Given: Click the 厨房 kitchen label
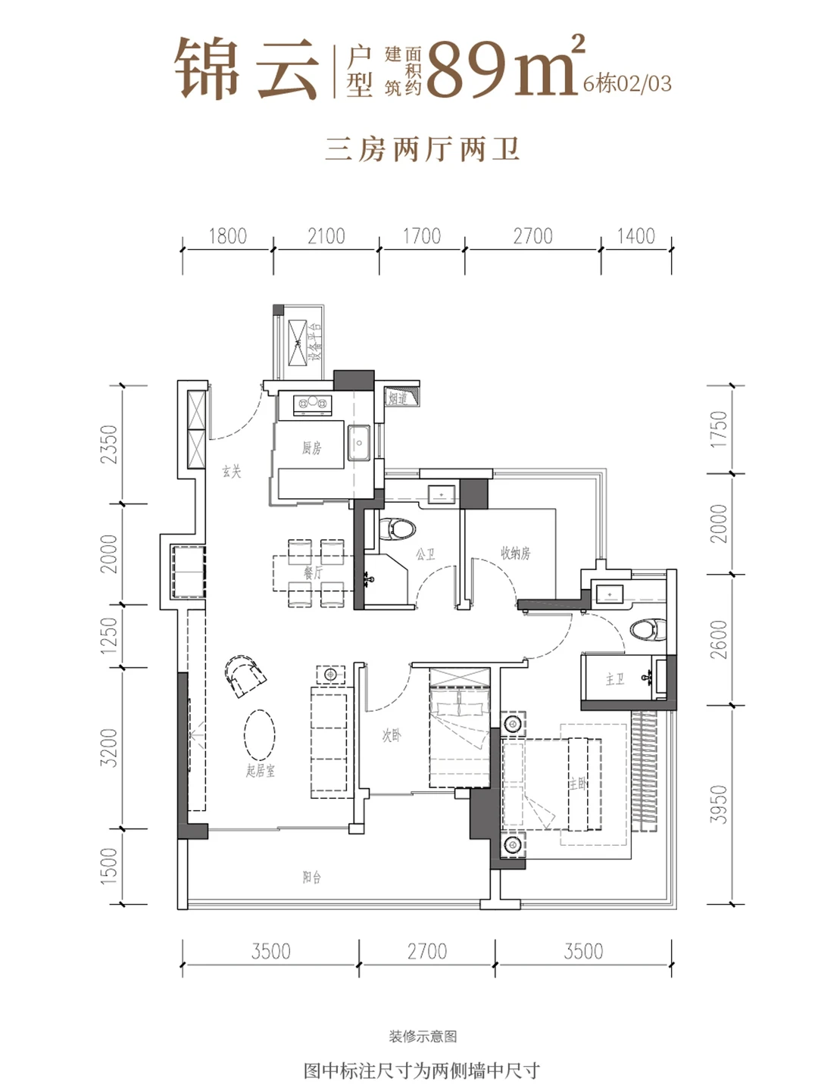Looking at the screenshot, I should point(311,448).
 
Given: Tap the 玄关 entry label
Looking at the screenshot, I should point(232,472).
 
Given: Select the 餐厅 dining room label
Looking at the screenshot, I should point(313,573).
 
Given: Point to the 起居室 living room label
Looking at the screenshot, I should point(261,771).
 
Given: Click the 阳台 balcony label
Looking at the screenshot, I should point(311,877).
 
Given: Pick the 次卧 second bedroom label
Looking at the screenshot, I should point(391,735).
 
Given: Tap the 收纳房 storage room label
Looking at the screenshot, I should point(516,553).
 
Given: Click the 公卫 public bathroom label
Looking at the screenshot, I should point(425,555).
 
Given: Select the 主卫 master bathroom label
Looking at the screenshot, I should point(614,679).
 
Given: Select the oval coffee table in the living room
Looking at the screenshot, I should point(259,734).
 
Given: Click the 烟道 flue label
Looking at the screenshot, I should point(398,397).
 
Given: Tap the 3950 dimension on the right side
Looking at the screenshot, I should point(719,804).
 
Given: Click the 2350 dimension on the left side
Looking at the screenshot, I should point(110,444).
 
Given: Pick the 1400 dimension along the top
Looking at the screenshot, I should point(635,236).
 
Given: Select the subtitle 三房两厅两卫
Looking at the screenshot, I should point(422,149).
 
